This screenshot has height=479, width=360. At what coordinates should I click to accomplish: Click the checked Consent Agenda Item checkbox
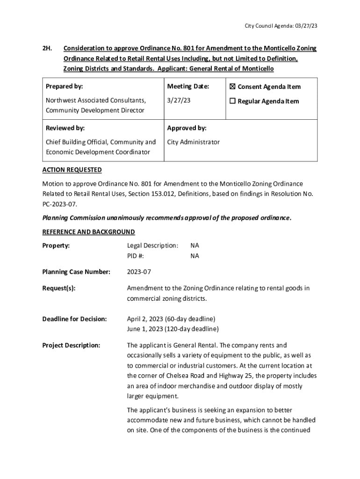coord(233,87)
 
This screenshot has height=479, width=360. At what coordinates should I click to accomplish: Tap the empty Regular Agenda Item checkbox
coord(233,101)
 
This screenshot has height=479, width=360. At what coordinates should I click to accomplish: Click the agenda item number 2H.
coord(47,48)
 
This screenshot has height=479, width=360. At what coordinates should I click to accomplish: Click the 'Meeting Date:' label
coord(188,87)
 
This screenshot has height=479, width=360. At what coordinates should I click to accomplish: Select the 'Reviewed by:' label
coord(65,128)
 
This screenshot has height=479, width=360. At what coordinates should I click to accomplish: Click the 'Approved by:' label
coord(187,128)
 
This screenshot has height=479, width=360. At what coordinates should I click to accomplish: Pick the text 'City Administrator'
coord(193,142)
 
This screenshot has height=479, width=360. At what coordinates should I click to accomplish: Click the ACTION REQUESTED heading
coord(72,169)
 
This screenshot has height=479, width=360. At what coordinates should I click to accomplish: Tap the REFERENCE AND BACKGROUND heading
coord(88,232)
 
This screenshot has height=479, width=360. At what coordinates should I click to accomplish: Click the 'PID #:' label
coord(135,256)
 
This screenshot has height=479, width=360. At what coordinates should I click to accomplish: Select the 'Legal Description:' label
coord(152,245)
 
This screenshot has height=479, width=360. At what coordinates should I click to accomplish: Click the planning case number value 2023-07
coord(139,272)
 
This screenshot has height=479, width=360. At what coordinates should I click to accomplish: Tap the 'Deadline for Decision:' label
coord(75,319)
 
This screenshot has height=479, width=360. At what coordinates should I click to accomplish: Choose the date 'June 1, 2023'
coord(145,329)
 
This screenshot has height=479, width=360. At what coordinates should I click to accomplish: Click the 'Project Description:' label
coord(71,345)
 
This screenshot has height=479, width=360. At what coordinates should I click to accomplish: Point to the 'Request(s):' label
coord(59,288)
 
